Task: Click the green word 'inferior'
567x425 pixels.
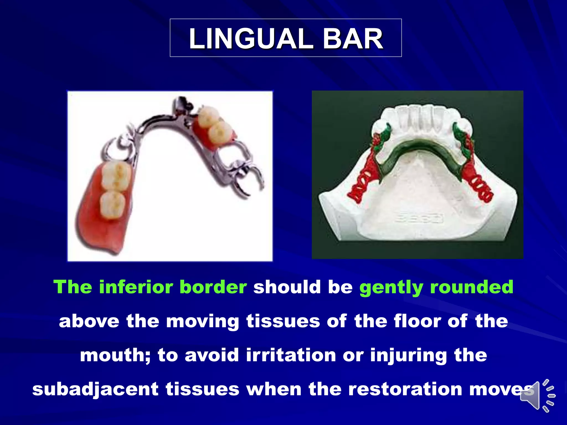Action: tap(136, 287)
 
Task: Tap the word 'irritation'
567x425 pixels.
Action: tap(291, 355)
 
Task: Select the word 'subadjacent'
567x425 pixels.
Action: tap(95, 389)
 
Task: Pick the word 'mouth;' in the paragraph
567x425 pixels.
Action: tap(115, 356)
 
